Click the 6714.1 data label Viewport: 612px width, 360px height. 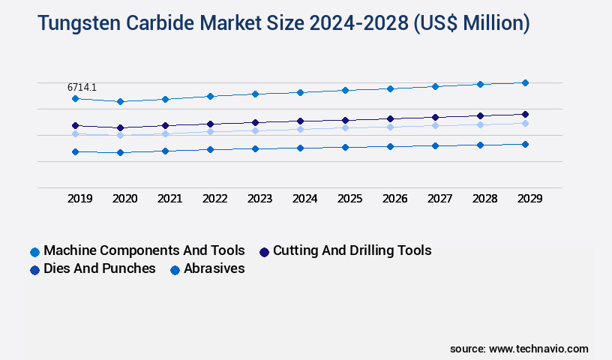pos(82,88)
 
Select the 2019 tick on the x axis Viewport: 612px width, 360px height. pos(80,199)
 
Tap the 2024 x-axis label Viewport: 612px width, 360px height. pos(305,199)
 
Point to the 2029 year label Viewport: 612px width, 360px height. pos(530,199)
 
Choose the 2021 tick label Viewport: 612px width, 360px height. pos(170,199)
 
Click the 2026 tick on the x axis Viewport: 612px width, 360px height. pos(395,199)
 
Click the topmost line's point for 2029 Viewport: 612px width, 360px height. pos(525,82)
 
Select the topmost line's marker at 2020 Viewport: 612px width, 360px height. pos(120,101)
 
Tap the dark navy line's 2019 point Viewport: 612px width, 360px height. pos(75,125)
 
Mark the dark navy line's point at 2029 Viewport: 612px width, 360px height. pos(525,114)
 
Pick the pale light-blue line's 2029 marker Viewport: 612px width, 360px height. pos(525,123)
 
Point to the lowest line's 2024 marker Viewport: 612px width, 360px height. pos(300,148)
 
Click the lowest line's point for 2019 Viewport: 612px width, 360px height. pos(75,151)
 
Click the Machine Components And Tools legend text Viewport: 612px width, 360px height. pos(144,250)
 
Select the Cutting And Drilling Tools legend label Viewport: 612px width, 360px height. pos(352,250)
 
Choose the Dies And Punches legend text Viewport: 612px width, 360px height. pos(100,268)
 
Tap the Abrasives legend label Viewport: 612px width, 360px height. pos(214,268)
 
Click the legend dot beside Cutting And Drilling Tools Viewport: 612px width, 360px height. pos(264,251)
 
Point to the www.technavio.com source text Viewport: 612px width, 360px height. pos(538,349)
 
